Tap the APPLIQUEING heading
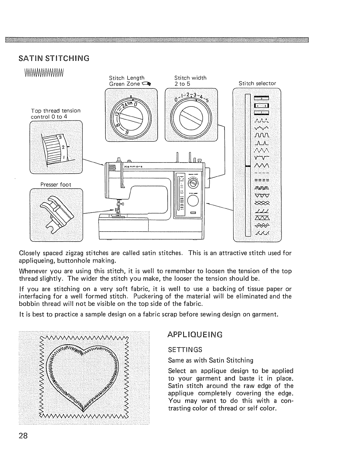[x=195, y=335]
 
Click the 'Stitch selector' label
[x=257, y=84]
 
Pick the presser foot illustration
[x=56, y=214]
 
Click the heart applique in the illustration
[x=83, y=373]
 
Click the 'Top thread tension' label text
[x=56, y=111]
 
